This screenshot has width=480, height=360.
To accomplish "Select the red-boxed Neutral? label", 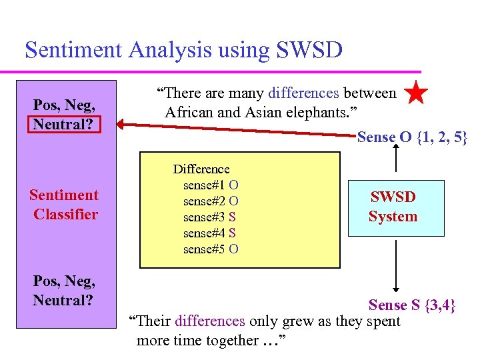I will click(x=63, y=124).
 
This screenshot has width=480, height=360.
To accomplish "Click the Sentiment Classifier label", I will click(x=65, y=205).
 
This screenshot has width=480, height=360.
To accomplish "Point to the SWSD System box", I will click(x=395, y=207).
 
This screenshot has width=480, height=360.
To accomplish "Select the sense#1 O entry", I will click(x=211, y=185).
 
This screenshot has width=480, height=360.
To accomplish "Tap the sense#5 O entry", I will click(x=211, y=249).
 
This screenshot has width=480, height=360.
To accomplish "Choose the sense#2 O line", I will click(x=211, y=201).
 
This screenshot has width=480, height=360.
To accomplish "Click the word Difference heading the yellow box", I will click(x=201, y=169).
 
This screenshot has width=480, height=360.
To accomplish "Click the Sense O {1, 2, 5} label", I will click(x=412, y=138).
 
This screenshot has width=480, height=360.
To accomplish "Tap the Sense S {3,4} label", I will click(x=412, y=305).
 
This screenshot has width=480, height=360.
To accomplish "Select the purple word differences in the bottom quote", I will click(x=210, y=321).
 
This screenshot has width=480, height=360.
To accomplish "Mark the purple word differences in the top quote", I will click(x=303, y=93).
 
